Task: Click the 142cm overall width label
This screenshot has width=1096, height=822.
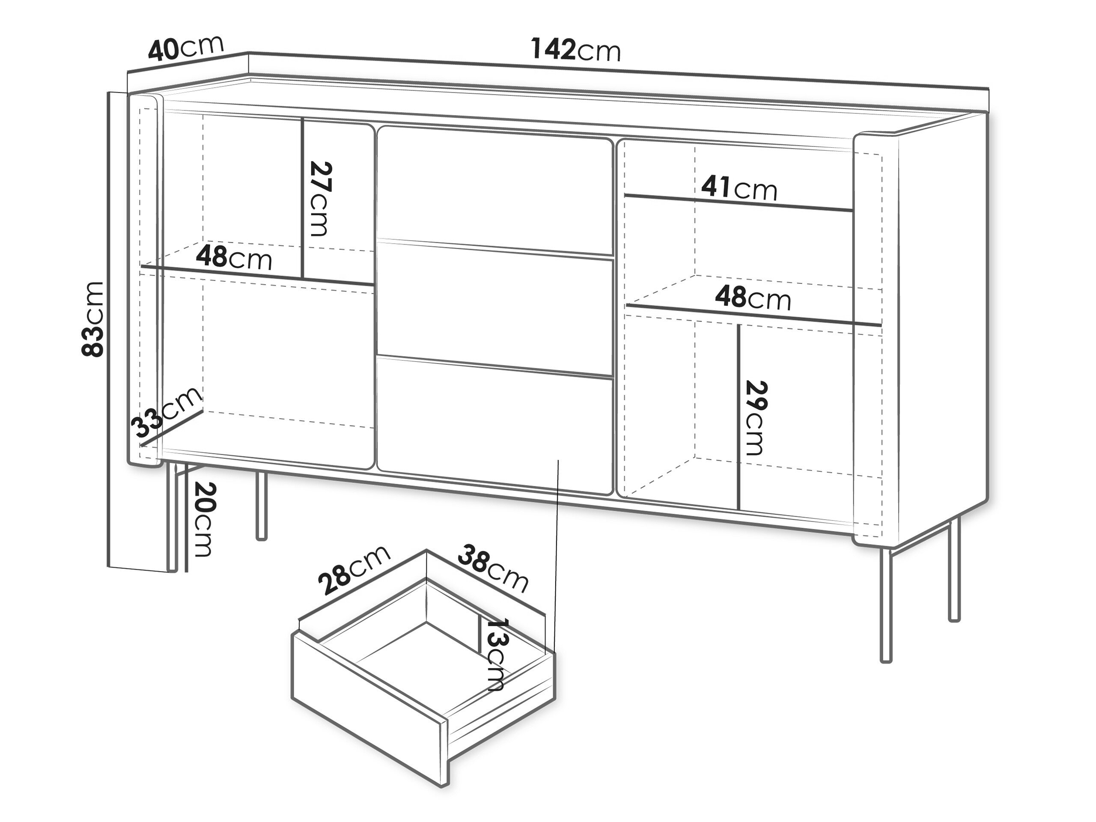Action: pos(576,50)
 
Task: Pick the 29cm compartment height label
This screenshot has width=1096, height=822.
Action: pos(756,418)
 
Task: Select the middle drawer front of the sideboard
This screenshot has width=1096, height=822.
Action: pos(494,307)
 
